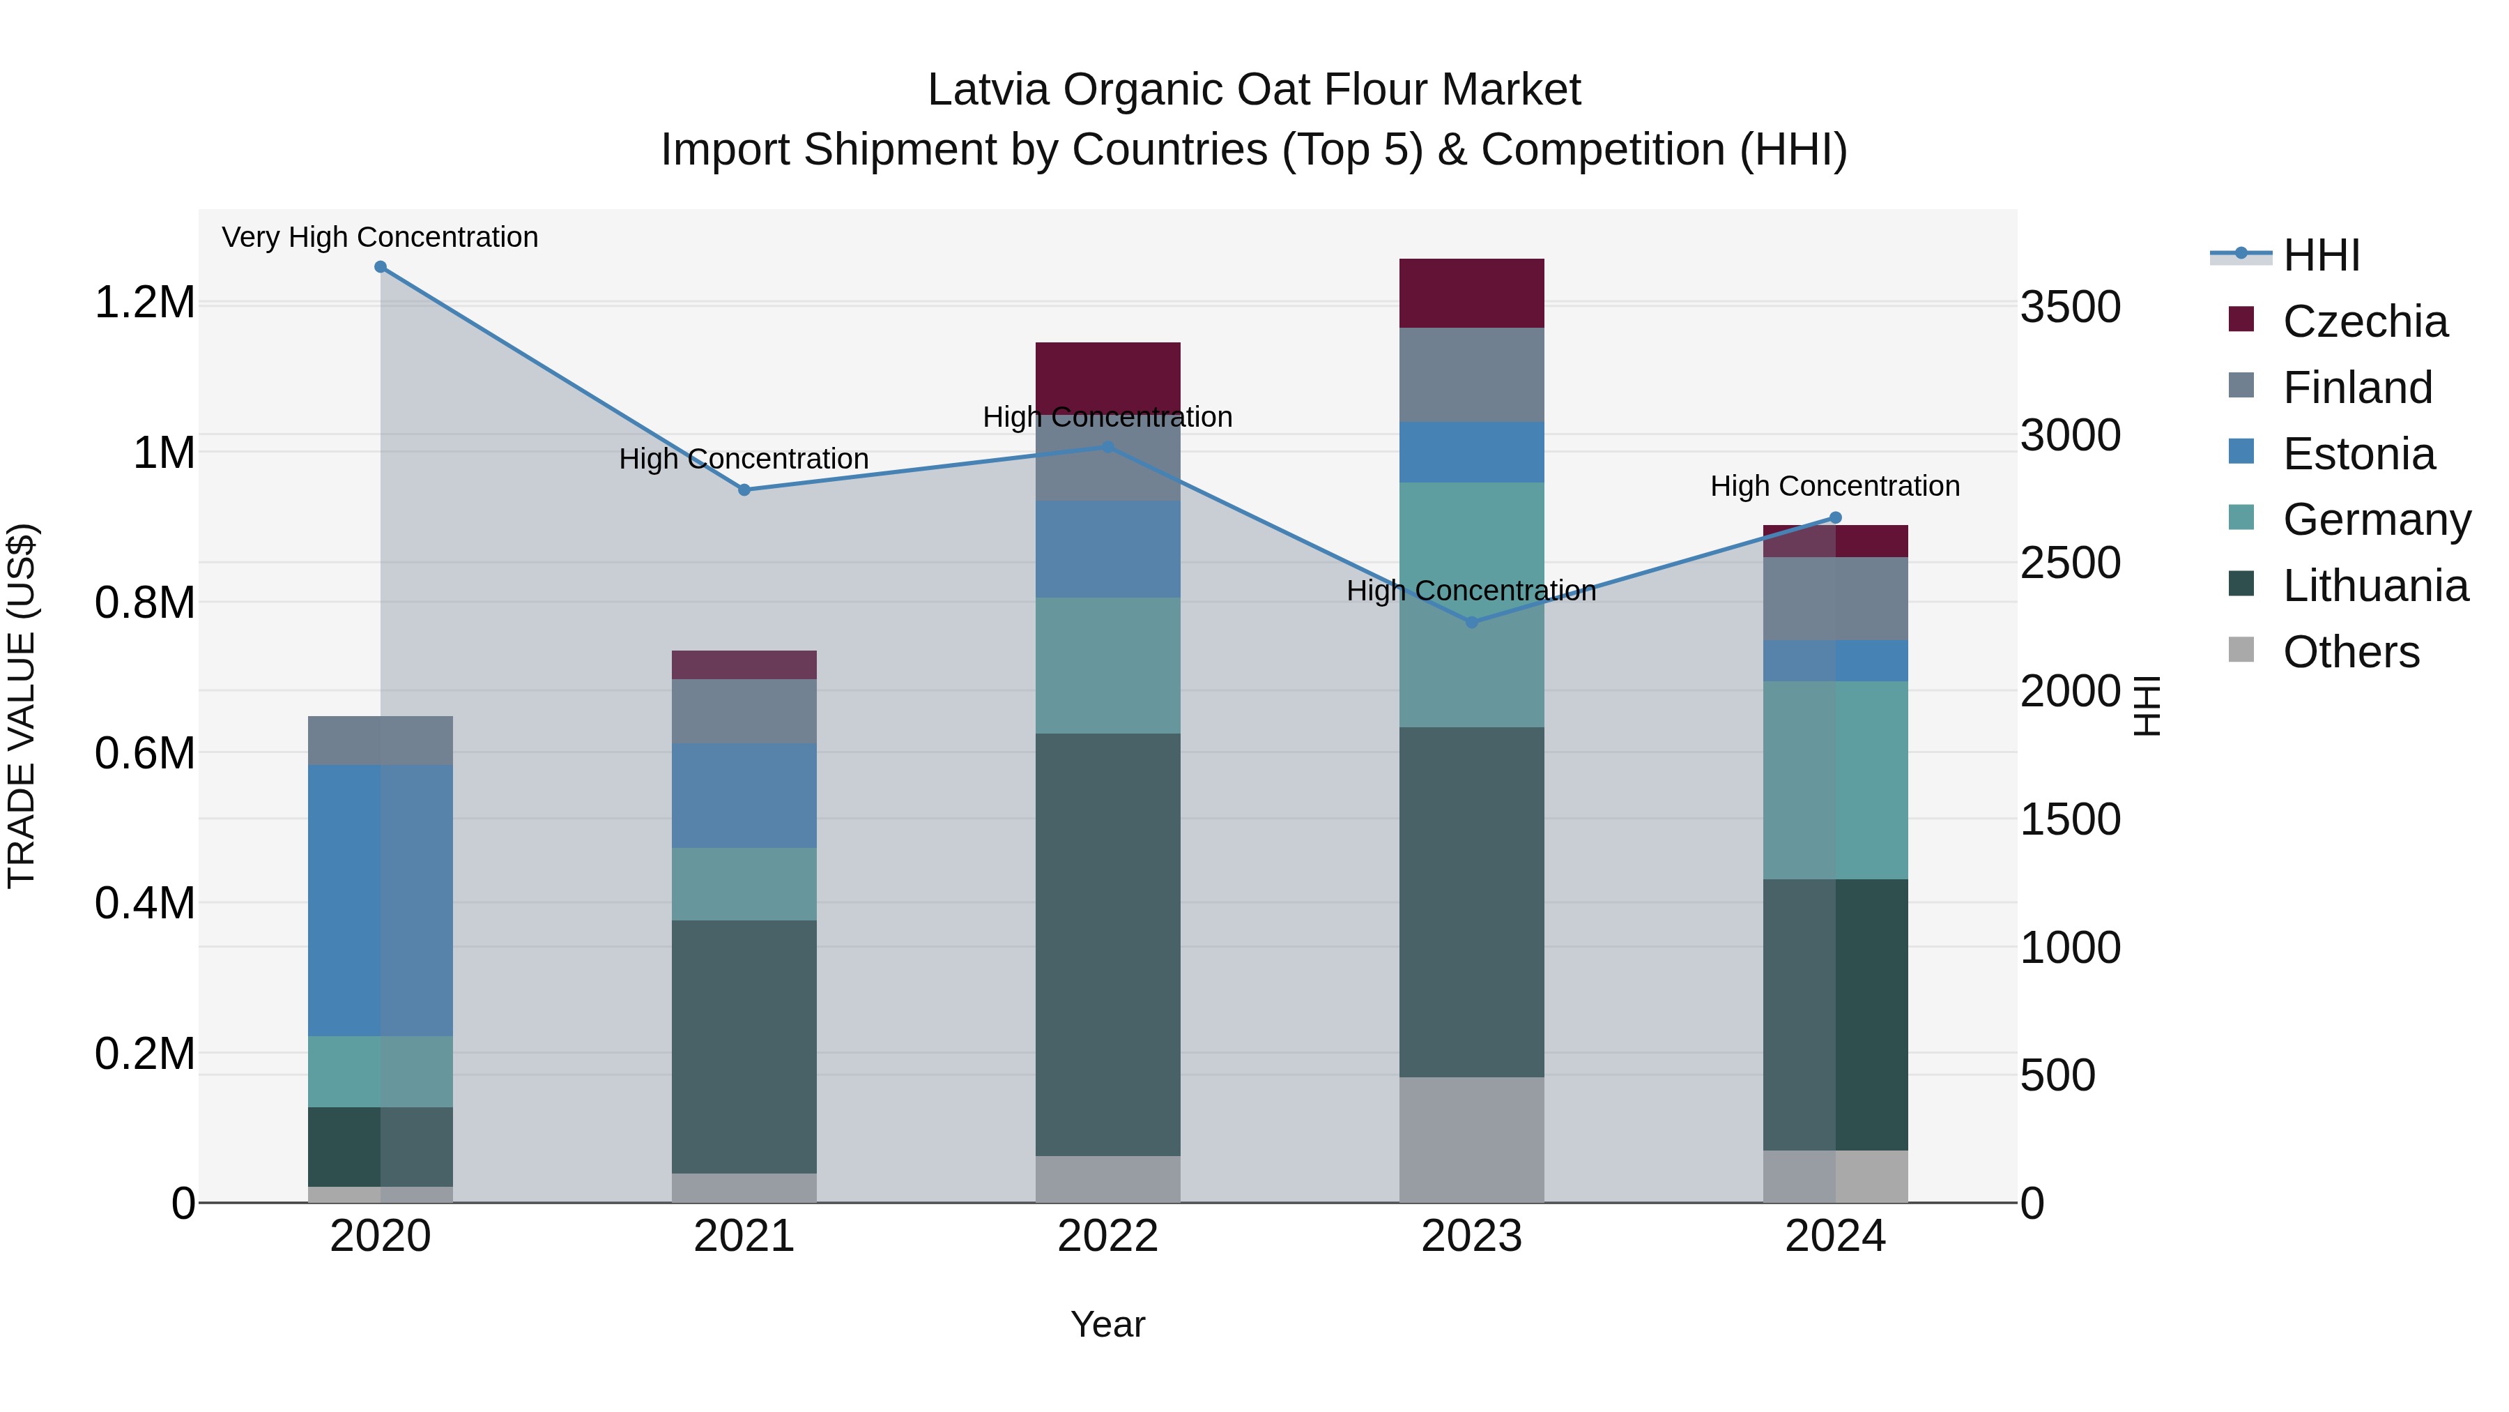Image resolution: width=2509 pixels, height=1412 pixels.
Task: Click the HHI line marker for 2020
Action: (x=380, y=267)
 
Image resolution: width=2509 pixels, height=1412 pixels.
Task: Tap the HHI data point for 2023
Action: (x=1472, y=622)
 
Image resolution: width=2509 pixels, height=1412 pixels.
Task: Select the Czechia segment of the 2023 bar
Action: (x=1472, y=294)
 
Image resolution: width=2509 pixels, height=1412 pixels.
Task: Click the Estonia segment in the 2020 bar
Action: (x=380, y=899)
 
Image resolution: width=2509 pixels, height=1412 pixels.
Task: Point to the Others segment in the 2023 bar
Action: (x=1472, y=1139)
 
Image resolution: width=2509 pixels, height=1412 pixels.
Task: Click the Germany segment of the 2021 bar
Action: (x=744, y=884)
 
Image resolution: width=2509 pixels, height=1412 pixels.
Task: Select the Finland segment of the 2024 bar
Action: (x=1835, y=598)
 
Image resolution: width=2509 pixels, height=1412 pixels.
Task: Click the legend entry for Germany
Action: (x=2377, y=519)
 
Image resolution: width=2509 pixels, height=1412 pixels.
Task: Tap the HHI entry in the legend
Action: (x=2321, y=255)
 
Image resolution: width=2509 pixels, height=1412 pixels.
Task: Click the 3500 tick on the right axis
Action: (x=2071, y=307)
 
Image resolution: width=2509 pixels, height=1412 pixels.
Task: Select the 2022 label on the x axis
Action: (x=1107, y=1236)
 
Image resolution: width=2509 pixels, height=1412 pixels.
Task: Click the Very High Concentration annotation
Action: (x=380, y=237)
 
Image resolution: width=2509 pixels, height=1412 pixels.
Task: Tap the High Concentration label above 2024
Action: (x=1835, y=485)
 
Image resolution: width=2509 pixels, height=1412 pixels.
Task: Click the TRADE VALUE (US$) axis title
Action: (x=22, y=706)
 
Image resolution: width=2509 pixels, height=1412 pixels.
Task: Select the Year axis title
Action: (x=1107, y=1324)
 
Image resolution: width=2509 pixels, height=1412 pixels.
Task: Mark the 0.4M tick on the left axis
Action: (x=144, y=903)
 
